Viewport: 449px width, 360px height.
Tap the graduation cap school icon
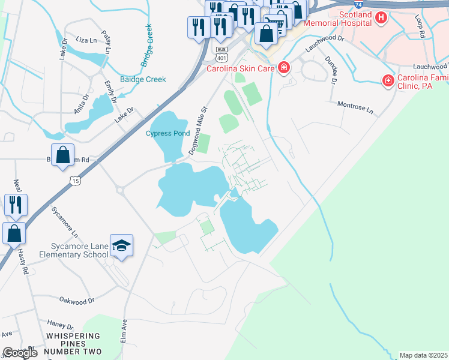[121, 245]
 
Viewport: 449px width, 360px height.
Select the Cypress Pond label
[167, 133]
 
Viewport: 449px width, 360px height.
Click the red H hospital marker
[381, 18]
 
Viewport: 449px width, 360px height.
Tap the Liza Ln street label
[86, 40]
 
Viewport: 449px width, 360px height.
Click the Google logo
[20, 353]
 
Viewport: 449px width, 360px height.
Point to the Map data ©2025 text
[423, 355]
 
